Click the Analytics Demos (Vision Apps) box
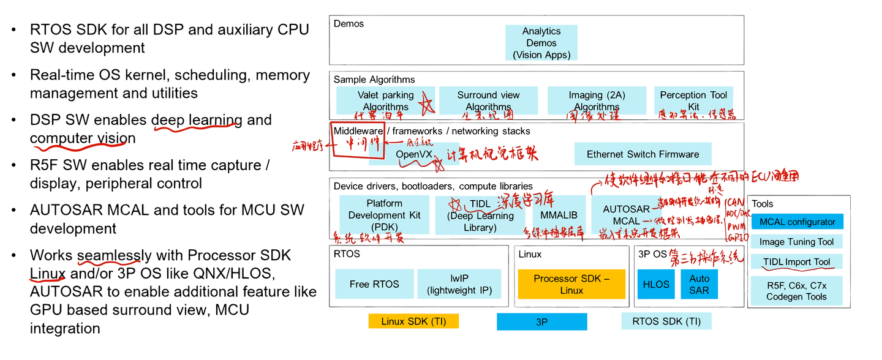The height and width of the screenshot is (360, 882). [x=541, y=43]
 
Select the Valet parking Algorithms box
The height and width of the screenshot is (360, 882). [x=385, y=100]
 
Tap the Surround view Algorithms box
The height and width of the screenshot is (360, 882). [x=488, y=100]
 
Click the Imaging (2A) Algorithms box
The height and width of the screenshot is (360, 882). [x=596, y=100]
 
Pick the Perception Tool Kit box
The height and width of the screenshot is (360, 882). [x=693, y=100]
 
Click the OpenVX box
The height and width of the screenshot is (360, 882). [x=414, y=154]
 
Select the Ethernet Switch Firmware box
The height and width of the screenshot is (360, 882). [x=642, y=154]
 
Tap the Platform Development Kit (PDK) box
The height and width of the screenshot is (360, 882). [x=384, y=215]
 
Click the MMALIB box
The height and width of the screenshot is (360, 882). [x=559, y=216]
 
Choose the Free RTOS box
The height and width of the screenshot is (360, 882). [x=374, y=284]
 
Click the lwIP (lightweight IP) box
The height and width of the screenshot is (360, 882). [x=459, y=284]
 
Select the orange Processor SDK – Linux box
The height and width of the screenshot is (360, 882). [x=571, y=284]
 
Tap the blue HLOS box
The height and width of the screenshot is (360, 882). [x=656, y=284]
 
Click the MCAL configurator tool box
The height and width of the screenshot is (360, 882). [x=797, y=222]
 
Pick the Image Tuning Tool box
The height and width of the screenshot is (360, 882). [x=797, y=242]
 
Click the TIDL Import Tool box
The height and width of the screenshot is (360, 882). [x=797, y=262]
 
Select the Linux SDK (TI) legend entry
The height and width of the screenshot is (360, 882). [x=413, y=321]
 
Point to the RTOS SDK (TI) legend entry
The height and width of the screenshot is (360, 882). [x=666, y=321]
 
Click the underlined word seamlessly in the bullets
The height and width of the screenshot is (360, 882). [x=114, y=255]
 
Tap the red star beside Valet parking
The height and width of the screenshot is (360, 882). [x=426, y=105]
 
